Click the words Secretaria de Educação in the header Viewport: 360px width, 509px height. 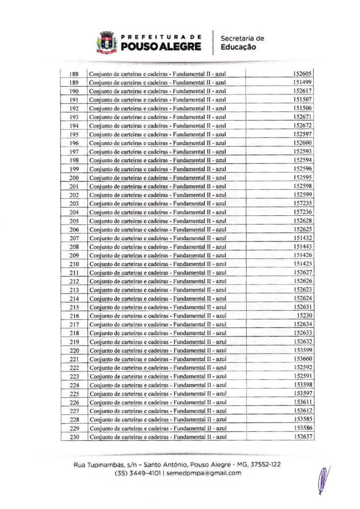tap(242, 43)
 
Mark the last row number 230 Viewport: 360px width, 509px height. tap(74, 437)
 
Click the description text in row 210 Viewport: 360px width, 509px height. tap(158, 264)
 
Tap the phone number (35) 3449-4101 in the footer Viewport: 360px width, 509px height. tap(138, 473)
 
